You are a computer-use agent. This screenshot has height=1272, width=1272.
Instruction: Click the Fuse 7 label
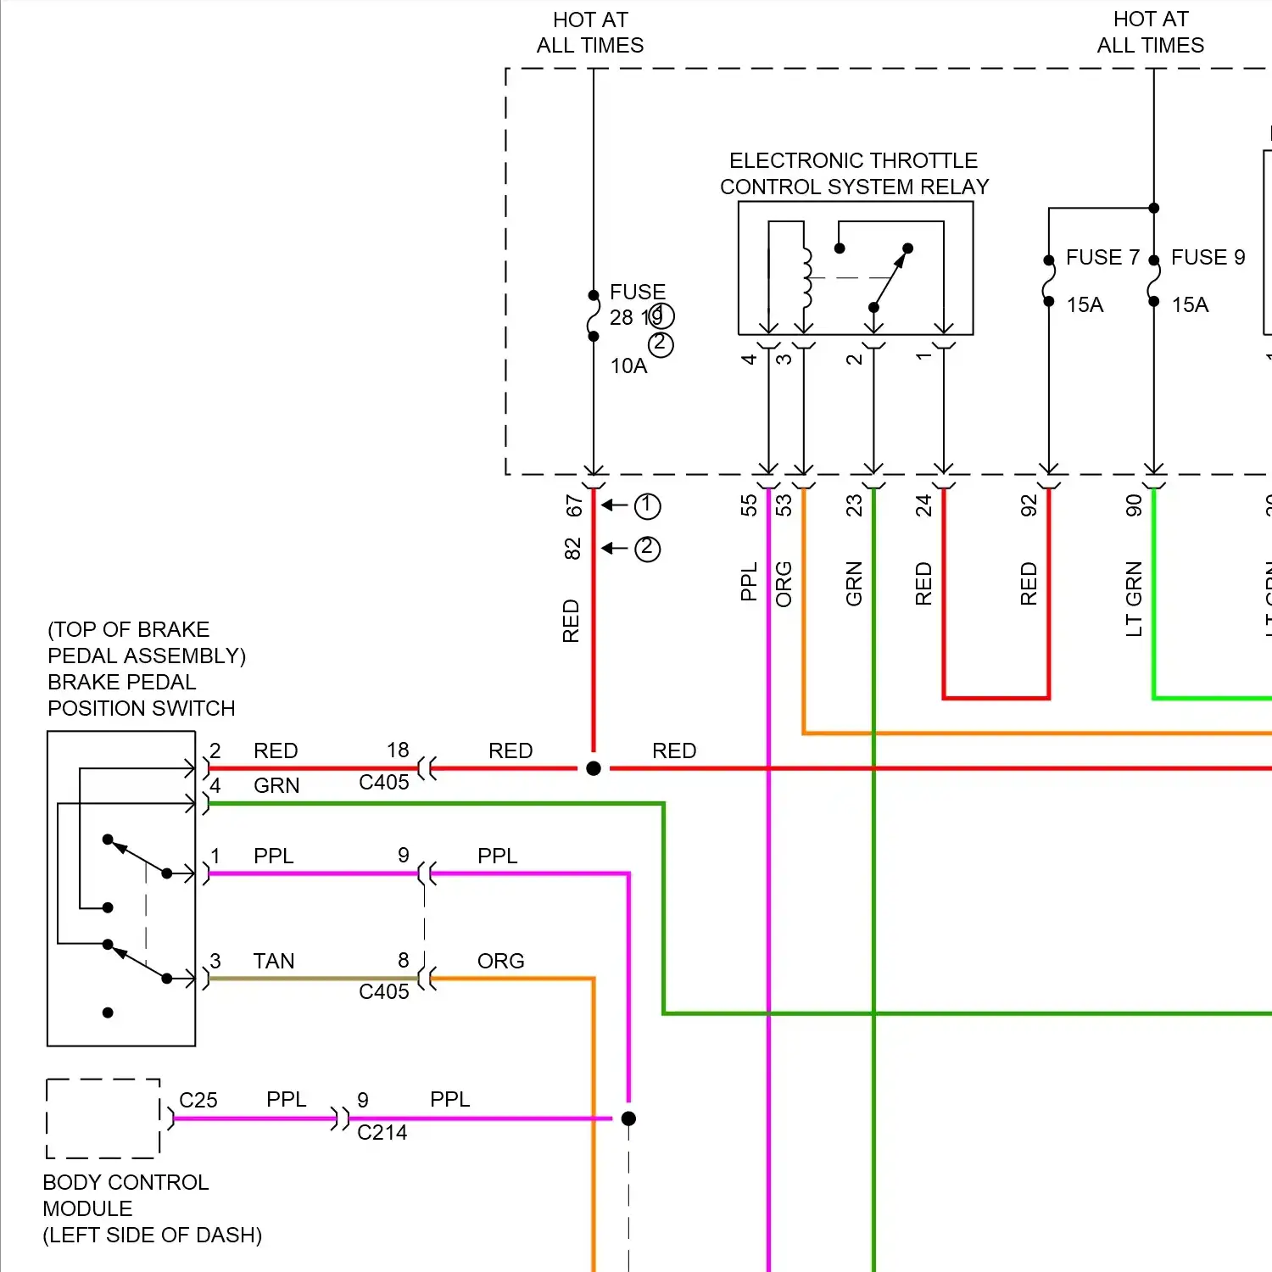[x=1102, y=257]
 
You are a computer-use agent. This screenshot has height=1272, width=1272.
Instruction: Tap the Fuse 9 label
[x=1208, y=257]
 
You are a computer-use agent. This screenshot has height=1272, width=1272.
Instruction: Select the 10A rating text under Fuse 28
[x=628, y=365]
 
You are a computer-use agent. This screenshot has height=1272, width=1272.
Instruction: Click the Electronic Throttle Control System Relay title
[x=854, y=174]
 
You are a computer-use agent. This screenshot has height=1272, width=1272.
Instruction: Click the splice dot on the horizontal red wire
[x=594, y=768]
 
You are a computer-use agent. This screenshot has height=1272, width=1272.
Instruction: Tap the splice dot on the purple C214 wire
[x=628, y=1119]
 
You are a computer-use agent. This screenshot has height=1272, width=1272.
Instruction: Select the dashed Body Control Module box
[x=103, y=1119]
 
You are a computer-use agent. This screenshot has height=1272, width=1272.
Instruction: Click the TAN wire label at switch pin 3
[x=274, y=961]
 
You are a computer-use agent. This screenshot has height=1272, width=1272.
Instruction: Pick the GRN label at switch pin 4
[x=276, y=785]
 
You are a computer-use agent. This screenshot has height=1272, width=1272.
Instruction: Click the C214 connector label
[x=382, y=1133]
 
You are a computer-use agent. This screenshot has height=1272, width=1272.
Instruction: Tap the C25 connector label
[x=198, y=1100]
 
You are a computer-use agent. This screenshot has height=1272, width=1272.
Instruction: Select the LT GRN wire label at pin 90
[x=1134, y=599]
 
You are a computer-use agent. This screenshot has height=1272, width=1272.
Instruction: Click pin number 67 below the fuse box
[x=574, y=506]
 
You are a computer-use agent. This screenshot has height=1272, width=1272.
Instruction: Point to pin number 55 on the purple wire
[x=748, y=506]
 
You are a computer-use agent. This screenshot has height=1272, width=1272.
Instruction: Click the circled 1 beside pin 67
[x=647, y=506]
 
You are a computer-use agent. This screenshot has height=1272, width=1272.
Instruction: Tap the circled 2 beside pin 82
[x=647, y=549]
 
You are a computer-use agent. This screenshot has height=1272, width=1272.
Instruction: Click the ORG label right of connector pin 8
[x=500, y=961]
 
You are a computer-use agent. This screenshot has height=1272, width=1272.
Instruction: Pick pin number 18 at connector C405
[x=398, y=750]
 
